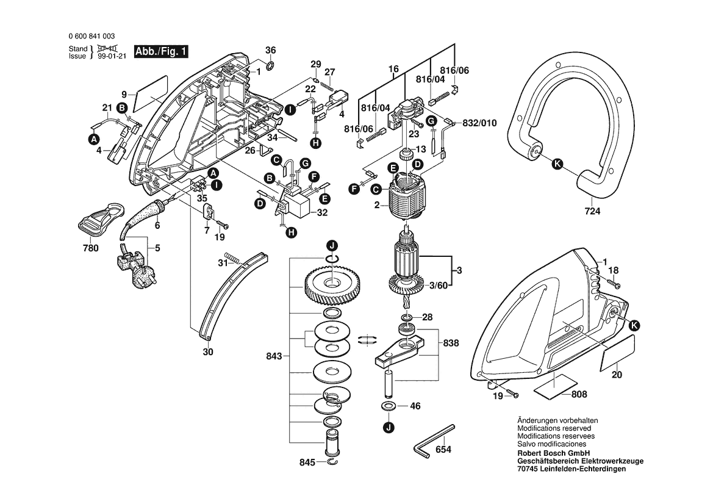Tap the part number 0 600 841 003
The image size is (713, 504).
coord(95,37)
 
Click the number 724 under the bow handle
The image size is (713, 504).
coord(592,212)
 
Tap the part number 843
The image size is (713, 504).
coord(275,356)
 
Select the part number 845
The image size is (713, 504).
coord(307,463)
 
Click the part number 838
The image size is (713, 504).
coord(451,344)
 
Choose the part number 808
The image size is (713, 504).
coord(579,395)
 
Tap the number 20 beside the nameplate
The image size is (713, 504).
coord(617,375)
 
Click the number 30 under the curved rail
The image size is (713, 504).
coord(207,352)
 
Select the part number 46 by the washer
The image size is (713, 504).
coord(415,406)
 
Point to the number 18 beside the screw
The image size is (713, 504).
coord(614,270)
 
